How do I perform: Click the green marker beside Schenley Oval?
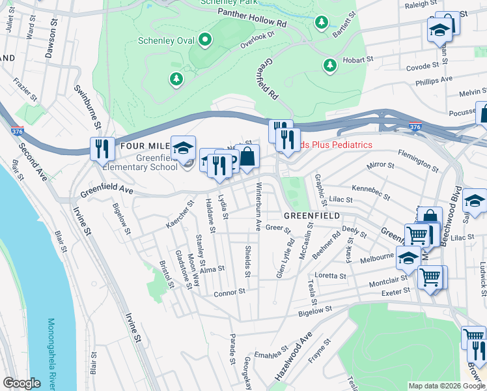205,40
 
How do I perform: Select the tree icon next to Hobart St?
329,65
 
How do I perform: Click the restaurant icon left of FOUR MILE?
101,148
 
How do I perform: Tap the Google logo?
22,383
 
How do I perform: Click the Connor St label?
229,294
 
